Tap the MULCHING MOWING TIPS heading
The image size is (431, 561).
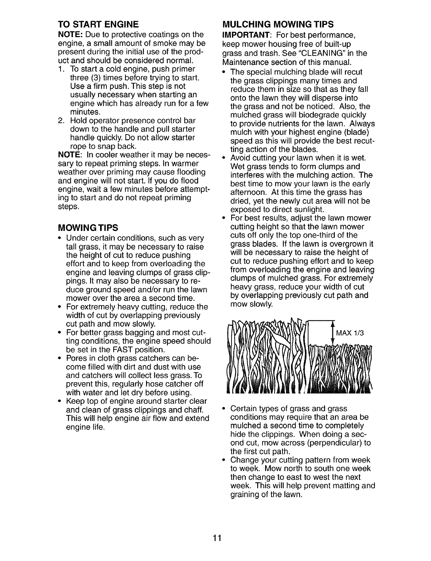point(278,25)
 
